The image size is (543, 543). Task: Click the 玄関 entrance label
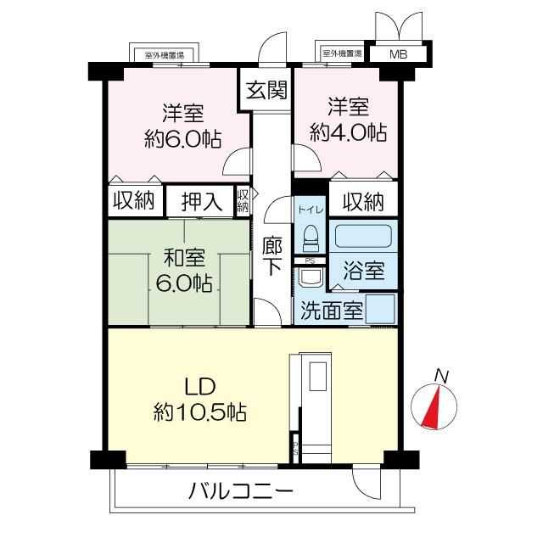click(x=266, y=89)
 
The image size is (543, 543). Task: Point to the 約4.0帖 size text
click(x=349, y=132)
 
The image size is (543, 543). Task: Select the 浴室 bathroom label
click(x=364, y=271)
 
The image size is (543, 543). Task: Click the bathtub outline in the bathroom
click(x=364, y=236)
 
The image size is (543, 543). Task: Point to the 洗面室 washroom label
click(x=329, y=311)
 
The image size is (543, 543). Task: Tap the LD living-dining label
click(x=199, y=385)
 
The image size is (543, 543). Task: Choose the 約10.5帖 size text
click(x=200, y=413)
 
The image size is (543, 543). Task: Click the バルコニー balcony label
click(x=241, y=491)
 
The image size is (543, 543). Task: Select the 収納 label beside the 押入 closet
click(x=133, y=202)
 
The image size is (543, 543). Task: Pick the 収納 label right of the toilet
click(x=363, y=202)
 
